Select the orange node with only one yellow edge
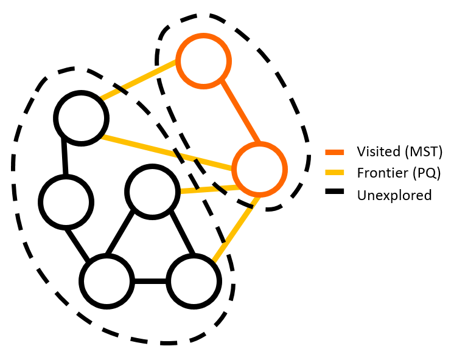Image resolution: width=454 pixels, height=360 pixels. coord(204,61)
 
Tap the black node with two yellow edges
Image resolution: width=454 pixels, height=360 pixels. coord(80,117)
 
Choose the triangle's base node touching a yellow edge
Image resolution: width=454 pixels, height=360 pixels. coord(193,282)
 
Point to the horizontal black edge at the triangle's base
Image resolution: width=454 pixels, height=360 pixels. coord(150,282)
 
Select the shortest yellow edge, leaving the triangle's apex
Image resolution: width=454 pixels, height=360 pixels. coord(207,190)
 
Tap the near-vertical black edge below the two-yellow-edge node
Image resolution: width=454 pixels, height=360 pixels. coord(64,159)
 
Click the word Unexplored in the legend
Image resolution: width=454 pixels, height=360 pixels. coord(394,195)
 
